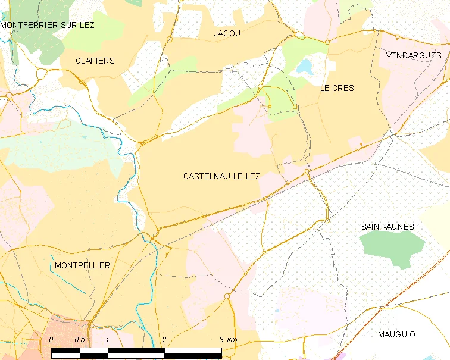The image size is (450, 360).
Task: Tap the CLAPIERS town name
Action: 95,61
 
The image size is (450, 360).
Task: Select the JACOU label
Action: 227,34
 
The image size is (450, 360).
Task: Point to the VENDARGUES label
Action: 414,55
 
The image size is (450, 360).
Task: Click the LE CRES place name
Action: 337,88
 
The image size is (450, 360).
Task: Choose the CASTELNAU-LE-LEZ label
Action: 221,176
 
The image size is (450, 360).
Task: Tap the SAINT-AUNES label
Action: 387,227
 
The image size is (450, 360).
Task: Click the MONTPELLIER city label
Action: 82,265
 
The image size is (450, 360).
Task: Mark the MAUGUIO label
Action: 396,334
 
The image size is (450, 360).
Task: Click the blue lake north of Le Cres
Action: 305,65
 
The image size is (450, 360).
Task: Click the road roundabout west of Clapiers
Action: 42,74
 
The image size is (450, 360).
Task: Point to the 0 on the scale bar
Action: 51,339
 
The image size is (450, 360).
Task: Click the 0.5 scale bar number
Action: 79,339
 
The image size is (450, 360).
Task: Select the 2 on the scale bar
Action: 164,339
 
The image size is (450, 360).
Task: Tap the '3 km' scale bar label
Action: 228,339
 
